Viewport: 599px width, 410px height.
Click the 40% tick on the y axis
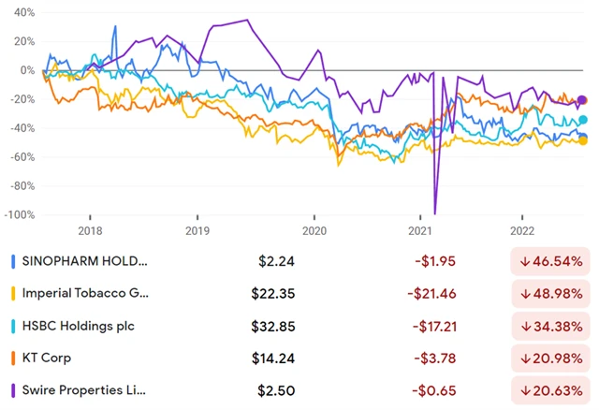click(23, 12)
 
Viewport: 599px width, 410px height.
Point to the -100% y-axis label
click(20, 215)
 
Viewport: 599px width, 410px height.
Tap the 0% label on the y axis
click(26, 70)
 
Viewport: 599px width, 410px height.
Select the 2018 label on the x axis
click(91, 229)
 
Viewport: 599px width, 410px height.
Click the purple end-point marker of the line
click(582, 100)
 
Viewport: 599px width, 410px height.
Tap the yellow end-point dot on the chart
click(583, 140)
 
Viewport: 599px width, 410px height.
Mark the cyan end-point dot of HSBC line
click(582, 120)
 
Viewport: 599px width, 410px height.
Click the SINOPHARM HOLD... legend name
click(92, 261)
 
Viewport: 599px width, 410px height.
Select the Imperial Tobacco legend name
click(92, 293)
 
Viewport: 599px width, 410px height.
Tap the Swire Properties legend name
click(92, 388)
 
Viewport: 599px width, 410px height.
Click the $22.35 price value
click(273, 293)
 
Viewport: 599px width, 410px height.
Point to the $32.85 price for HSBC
click(273, 325)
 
